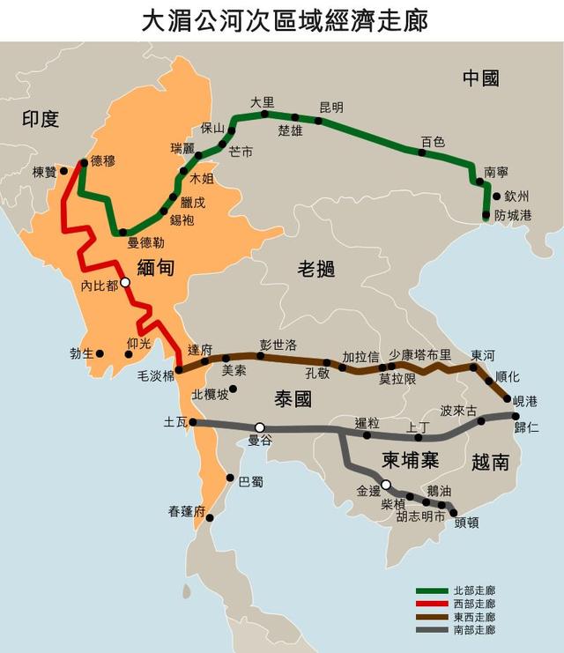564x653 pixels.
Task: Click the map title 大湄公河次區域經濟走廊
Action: [282, 19]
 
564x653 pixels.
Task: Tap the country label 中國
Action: [481, 78]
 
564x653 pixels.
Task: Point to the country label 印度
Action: [41, 118]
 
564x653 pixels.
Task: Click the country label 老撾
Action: [315, 269]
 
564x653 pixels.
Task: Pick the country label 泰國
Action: [293, 398]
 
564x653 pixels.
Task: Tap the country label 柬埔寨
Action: [411, 460]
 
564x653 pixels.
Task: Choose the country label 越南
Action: [490, 461]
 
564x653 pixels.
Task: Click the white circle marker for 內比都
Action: [125, 283]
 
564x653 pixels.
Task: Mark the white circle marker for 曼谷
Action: [260, 427]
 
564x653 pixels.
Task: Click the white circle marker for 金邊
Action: [386, 484]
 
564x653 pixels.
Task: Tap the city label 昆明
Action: [331, 108]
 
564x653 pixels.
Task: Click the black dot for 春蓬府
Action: [210, 518]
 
